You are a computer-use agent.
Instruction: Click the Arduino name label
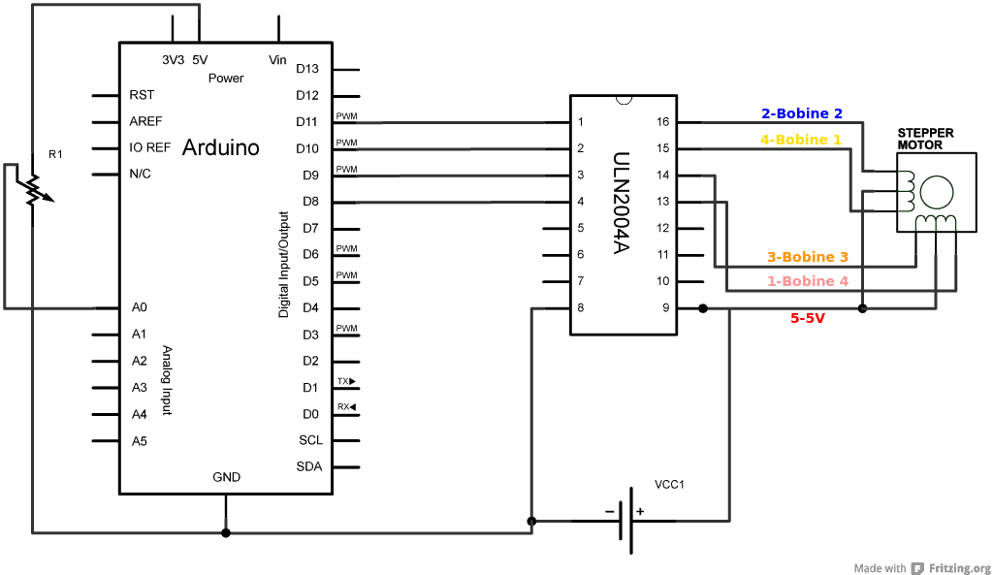point(220,147)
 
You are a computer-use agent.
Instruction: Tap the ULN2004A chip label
point(622,203)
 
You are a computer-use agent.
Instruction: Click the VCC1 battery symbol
point(625,521)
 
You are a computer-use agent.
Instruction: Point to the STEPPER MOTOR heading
point(925,139)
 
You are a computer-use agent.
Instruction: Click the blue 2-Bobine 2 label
point(801,113)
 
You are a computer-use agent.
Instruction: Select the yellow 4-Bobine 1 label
point(801,140)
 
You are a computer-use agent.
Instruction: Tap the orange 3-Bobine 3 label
point(808,257)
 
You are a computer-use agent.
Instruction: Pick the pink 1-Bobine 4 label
point(808,281)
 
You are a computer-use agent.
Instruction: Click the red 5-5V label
point(808,317)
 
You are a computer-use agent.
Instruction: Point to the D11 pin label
point(306,121)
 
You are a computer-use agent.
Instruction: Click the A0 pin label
point(139,307)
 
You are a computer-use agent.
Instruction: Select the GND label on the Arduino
point(226,477)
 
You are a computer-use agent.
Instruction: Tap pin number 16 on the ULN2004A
point(663,122)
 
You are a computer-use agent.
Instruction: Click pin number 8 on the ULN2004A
point(581,307)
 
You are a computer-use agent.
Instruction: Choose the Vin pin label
point(277,60)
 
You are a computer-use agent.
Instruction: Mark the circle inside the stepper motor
point(936,192)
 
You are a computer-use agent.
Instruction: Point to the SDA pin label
point(309,466)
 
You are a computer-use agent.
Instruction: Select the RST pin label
point(142,95)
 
